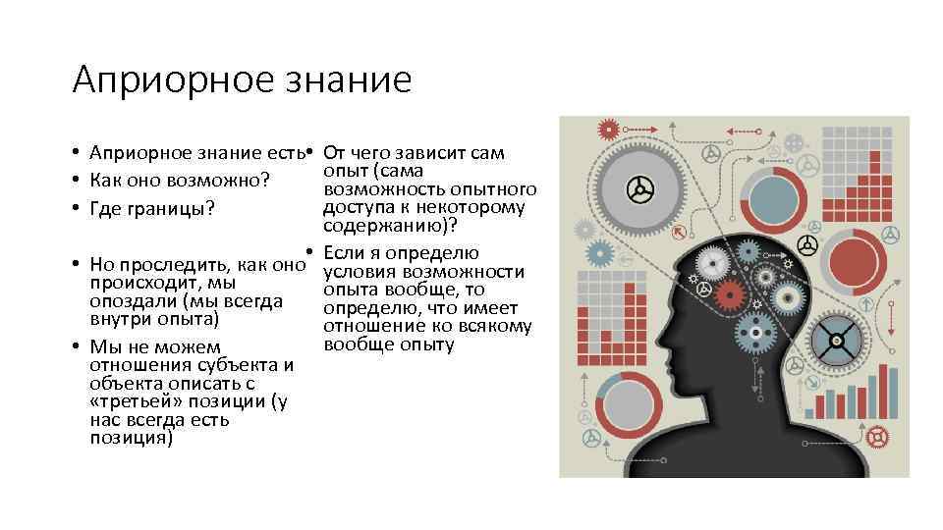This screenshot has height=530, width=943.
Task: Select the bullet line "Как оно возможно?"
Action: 179,181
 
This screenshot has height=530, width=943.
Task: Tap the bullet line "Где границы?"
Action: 151,209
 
